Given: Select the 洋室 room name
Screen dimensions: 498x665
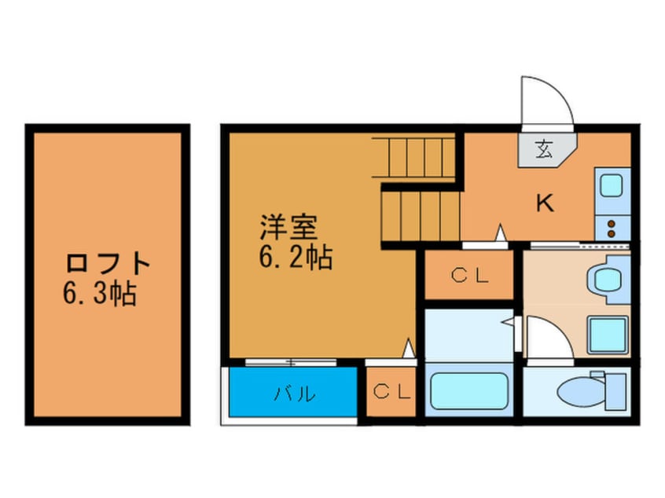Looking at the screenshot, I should (288, 228).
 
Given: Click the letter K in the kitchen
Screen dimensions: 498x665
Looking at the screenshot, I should (544, 203).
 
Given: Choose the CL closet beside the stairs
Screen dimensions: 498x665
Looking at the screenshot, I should (470, 275).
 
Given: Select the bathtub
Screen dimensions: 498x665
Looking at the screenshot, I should (468, 391).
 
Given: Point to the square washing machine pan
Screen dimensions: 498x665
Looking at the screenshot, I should (608, 335).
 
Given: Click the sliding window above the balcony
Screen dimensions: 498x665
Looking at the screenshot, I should (292, 362).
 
